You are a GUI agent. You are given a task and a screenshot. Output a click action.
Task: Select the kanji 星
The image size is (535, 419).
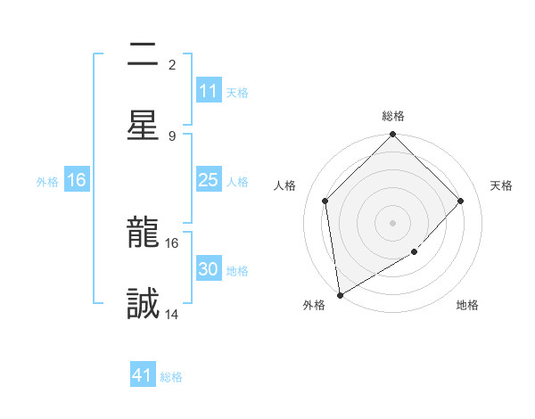coord(143,125)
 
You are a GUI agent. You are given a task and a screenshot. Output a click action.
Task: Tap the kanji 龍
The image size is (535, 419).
coord(143,234)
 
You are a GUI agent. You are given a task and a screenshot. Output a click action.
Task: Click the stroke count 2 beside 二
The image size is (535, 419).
coord(172,65)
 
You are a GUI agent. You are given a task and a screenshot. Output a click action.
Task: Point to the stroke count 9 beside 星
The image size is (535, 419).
coord(172,136)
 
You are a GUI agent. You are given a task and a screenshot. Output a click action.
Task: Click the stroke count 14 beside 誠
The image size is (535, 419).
coord(172,315)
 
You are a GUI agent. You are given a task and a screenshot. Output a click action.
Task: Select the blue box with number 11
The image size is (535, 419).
coord(208,91)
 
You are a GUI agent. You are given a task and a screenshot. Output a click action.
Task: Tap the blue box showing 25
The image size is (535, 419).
coord(208,180)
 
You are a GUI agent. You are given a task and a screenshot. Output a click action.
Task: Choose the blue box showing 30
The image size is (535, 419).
coord(208,269)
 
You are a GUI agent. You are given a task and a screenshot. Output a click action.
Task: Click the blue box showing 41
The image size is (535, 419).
coord(143,375)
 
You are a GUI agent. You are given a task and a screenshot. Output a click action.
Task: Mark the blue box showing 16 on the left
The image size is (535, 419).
coord(77,180)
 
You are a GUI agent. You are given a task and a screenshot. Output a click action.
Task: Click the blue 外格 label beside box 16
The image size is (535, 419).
coord(47,181)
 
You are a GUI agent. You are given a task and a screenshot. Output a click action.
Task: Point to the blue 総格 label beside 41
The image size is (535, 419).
coord(171,376)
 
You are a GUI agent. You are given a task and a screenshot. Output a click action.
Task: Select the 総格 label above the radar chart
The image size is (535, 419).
coord(393,116)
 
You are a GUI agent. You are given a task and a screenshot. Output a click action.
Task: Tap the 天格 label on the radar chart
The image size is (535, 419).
coord(501,185)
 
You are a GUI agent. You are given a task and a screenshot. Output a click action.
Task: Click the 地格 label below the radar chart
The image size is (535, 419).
coord(467,305)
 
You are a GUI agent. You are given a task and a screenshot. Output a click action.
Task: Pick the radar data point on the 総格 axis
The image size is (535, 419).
coord(392,136)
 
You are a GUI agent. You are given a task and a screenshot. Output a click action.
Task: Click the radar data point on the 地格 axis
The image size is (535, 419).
coord(414,252)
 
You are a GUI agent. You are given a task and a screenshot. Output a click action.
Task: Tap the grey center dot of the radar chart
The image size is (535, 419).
coord(392,223)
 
